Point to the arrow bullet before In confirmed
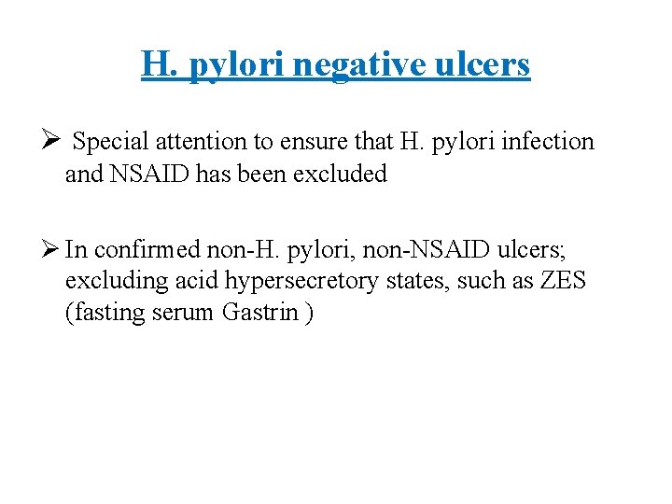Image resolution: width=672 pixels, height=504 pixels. (52, 249)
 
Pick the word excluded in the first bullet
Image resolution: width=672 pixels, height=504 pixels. (341, 174)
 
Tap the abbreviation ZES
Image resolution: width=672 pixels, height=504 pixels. (563, 281)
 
